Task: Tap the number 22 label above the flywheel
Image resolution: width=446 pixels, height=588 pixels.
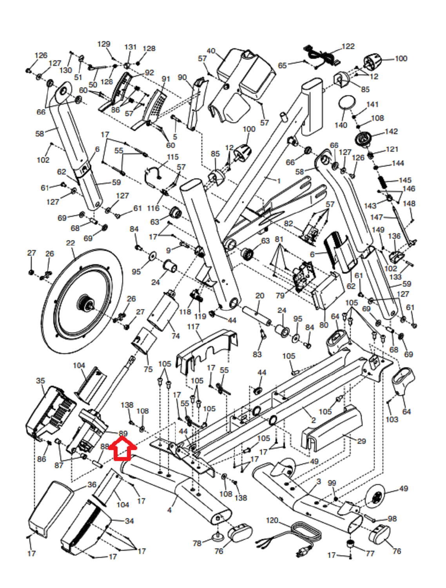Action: tap(70, 243)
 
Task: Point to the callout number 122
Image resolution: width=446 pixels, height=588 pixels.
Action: tap(348, 46)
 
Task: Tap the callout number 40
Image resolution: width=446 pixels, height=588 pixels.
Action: tap(211, 51)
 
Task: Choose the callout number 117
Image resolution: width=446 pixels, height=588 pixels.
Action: tap(193, 327)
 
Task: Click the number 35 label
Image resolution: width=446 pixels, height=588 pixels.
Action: tap(40, 381)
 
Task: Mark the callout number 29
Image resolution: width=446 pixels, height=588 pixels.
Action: tap(361, 441)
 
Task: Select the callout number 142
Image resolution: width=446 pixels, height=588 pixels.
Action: tap(391, 131)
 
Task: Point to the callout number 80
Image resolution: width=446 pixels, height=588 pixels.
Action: tap(323, 325)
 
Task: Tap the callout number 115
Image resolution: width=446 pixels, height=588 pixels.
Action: tap(172, 157)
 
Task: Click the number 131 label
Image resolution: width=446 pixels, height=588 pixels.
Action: tap(130, 47)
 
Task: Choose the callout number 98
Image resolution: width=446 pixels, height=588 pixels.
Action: tap(392, 519)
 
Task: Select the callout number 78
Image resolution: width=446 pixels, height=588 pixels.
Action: tap(197, 543)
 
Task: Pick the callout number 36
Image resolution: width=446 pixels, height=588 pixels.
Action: tap(92, 485)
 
